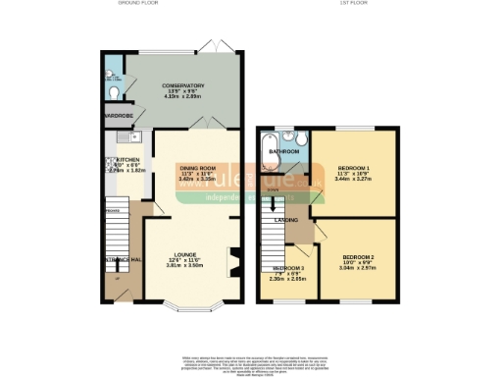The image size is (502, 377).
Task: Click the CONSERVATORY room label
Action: click(x=182, y=85)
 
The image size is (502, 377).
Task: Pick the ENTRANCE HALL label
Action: click(x=122, y=258)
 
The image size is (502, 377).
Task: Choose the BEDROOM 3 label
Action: click(x=288, y=267)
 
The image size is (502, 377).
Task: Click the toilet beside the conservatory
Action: click(x=115, y=91)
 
